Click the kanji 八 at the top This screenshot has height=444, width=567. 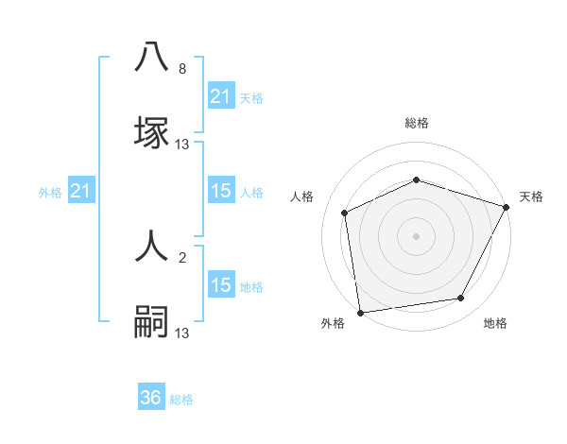click(151, 59)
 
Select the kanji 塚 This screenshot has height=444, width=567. click(151, 132)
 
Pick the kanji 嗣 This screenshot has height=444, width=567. click(151, 321)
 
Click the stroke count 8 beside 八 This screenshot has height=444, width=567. click(182, 70)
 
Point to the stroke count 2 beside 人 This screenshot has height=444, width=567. click(182, 258)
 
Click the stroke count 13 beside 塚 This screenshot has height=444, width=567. click(182, 145)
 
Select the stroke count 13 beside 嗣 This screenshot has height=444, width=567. click(182, 333)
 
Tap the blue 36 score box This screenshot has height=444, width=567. click(151, 398)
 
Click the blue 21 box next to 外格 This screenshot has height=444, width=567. click(81, 192)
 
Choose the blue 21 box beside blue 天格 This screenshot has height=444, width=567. click(221, 96)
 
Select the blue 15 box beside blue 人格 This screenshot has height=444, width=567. click(221, 192)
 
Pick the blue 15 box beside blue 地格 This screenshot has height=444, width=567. click(221, 285)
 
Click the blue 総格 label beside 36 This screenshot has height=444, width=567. click(181, 400)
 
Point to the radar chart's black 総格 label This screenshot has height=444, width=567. click(416, 123)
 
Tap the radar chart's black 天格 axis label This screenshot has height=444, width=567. click(531, 196)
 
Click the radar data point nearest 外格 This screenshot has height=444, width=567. click(360, 312)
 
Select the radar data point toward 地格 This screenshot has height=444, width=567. click(461, 299)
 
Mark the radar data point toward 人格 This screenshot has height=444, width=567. click(345, 213)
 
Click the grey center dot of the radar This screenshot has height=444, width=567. click(416, 235)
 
